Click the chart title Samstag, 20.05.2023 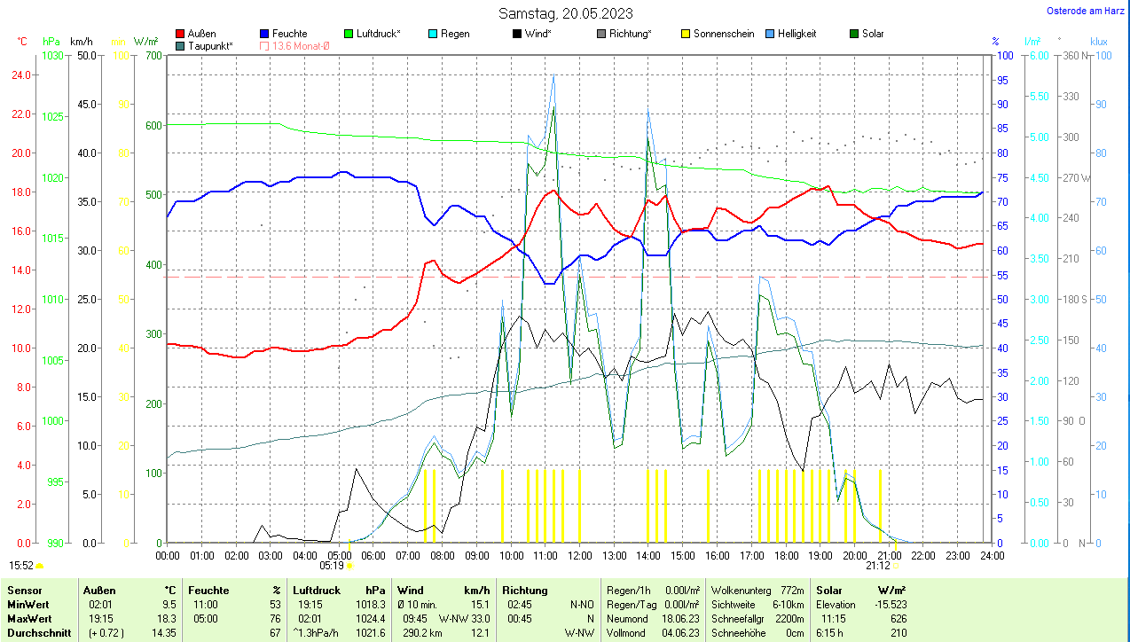pyautogui.click(x=565, y=13)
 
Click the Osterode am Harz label pyautogui.click(x=1087, y=11)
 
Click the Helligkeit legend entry pyautogui.click(x=796, y=34)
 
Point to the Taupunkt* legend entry pyautogui.click(x=209, y=45)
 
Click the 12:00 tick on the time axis pyautogui.click(x=580, y=555)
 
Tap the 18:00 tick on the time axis pyautogui.click(x=786, y=555)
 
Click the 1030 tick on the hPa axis pyautogui.click(x=53, y=55)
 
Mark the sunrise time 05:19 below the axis pyautogui.click(x=331, y=564)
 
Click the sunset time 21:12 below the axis pyautogui.click(x=878, y=564)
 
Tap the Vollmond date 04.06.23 pyautogui.click(x=681, y=633)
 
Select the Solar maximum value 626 pyautogui.click(x=898, y=619)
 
